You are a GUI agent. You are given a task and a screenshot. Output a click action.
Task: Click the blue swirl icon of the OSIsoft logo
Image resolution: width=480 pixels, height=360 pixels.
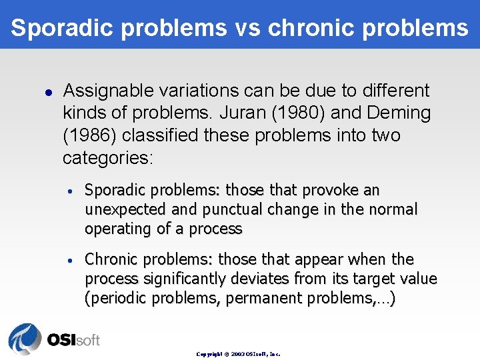tap(25, 339)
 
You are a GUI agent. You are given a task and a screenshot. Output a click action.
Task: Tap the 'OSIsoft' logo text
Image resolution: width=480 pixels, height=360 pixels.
tap(73, 340)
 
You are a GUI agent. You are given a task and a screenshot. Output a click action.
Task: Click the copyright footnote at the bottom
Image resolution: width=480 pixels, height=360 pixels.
tap(238, 354)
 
